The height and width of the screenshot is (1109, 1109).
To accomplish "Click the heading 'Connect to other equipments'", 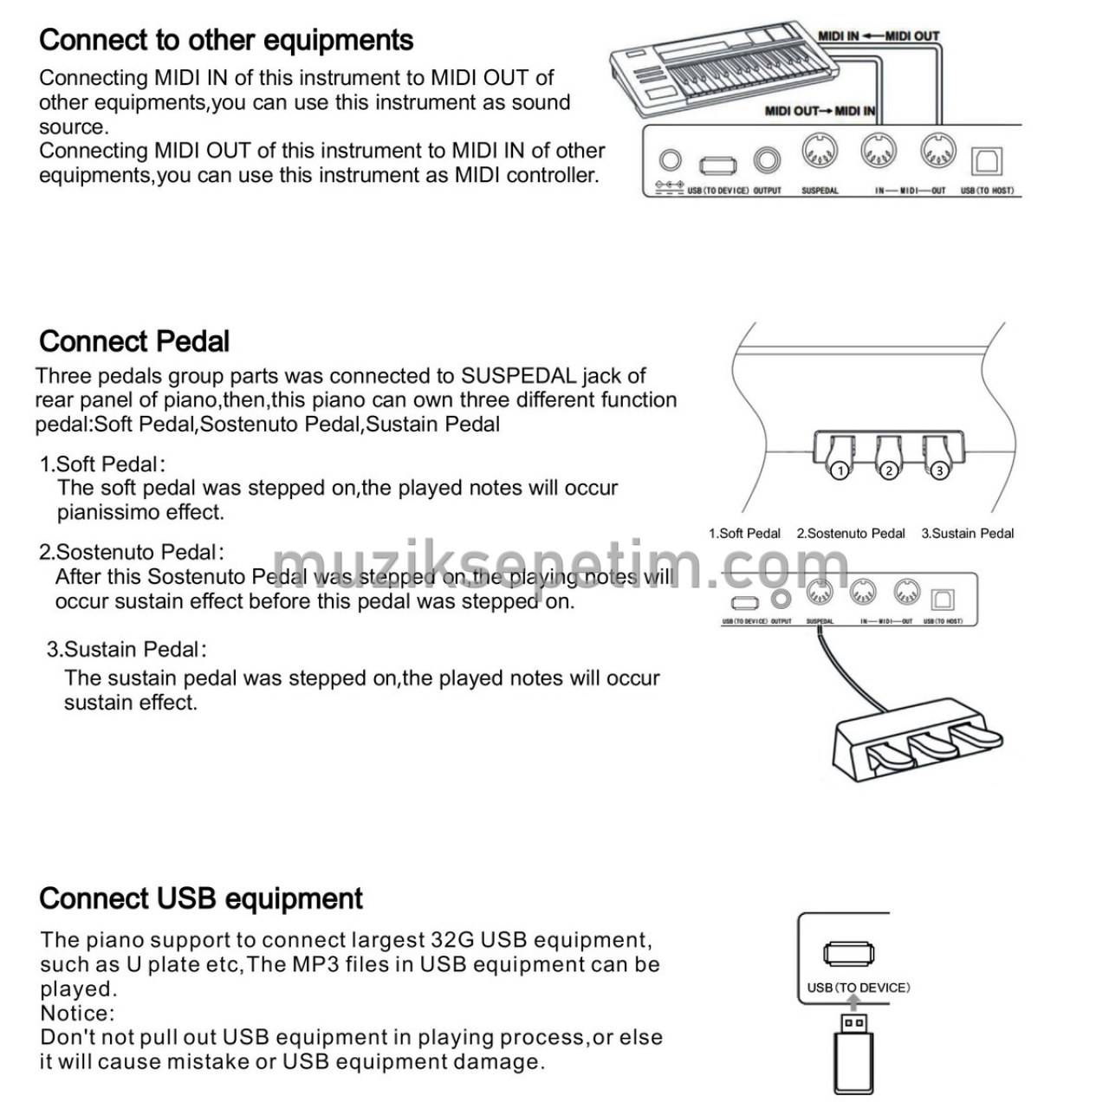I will point(226,40).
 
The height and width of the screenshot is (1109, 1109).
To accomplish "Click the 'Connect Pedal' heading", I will point(134,341).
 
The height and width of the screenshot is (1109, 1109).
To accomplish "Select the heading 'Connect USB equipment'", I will point(201,898).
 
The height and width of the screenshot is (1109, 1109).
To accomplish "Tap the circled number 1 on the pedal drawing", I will point(839,470).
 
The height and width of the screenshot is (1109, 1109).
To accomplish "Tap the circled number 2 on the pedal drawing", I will point(889,470).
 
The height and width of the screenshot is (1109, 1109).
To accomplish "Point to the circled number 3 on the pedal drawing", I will point(939,470).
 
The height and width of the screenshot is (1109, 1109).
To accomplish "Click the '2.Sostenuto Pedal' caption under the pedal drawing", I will point(851,534).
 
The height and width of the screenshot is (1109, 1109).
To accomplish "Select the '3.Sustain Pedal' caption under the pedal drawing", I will point(967,534).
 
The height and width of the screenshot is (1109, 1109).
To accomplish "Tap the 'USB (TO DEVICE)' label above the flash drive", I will point(859,988).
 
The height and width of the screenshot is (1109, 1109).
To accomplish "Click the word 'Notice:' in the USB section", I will point(77,1013).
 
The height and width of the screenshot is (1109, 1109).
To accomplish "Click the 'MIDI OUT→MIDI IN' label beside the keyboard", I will point(820,111).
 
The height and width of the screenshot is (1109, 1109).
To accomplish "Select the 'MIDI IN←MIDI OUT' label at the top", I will point(879,36).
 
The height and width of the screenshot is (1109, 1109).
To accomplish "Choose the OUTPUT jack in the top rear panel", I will point(767,160).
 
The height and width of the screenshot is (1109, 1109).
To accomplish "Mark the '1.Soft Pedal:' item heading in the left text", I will point(102,464).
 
